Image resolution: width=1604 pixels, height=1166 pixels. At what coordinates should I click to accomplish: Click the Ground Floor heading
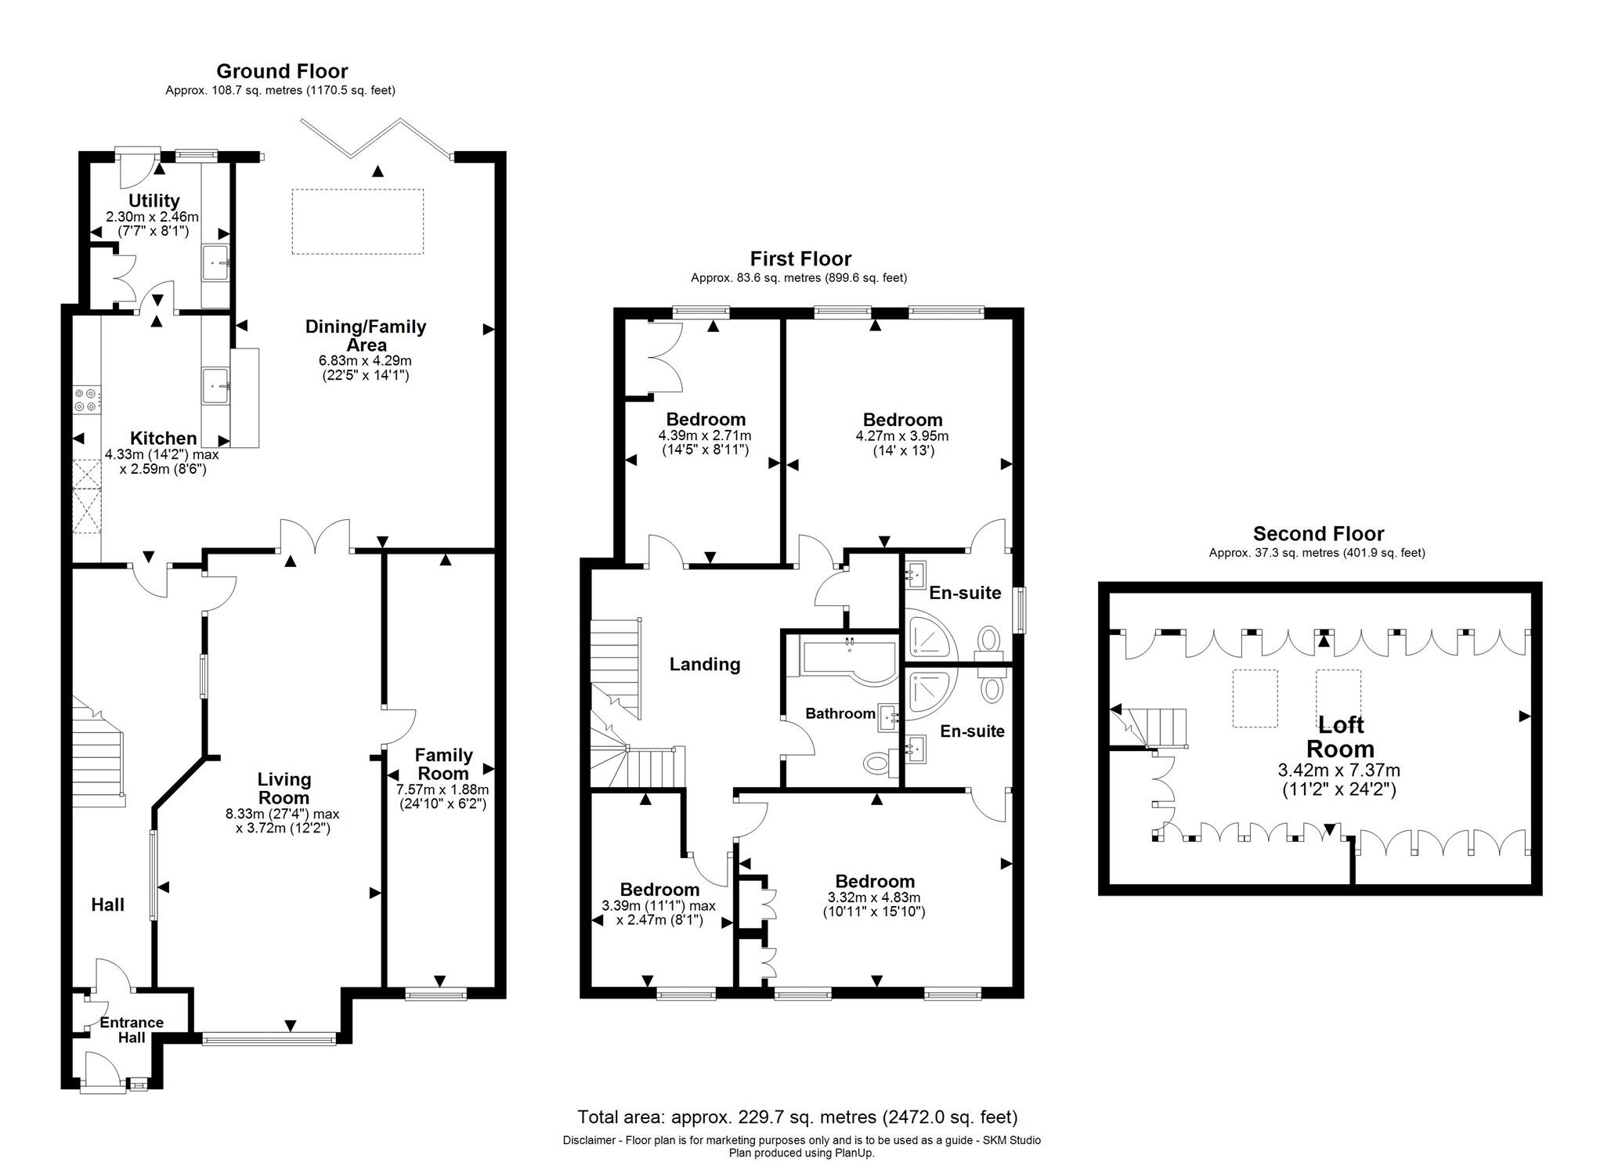pos(282,71)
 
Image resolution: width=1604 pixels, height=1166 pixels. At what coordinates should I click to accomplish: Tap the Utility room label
pos(154,200)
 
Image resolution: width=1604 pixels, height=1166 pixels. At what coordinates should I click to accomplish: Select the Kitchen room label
pos(163,438)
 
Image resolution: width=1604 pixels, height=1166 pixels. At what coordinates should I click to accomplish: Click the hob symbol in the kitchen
pos(86,399)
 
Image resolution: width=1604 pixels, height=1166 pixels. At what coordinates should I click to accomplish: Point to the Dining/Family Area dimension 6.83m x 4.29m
pos(365,361)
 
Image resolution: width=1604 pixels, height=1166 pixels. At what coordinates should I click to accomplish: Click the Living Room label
pos(284,788)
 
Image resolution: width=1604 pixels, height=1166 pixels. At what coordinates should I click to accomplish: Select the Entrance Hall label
pos(132,1030)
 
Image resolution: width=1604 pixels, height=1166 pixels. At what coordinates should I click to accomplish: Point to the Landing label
pos(704,664)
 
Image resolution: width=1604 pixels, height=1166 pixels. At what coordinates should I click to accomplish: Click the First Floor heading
pos(800,258)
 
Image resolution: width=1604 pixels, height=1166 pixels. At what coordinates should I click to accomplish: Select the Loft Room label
pos(1340,736)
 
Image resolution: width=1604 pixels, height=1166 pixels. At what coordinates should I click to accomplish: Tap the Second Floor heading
pos(1318,533)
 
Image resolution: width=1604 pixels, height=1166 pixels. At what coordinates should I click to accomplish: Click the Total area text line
pos(797,1117)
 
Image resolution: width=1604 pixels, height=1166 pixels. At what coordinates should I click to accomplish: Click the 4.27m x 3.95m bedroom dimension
pos(902,436)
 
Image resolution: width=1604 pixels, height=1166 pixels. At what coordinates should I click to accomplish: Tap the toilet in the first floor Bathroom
pos(877,762)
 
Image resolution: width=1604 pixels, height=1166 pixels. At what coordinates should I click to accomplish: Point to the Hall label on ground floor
pos(107,904)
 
